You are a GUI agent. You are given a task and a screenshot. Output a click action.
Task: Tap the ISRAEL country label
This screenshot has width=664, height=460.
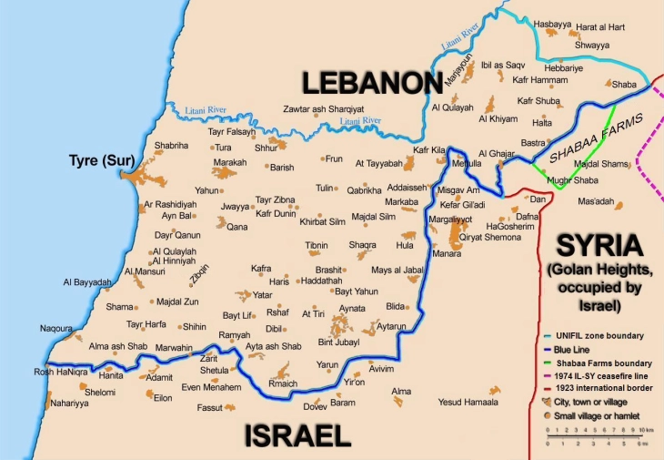click(297, 435)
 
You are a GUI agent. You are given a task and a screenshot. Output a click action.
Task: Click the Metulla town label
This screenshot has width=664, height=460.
click(467, 163)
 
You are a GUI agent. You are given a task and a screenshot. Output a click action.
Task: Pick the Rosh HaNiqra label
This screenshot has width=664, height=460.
click(33, 371)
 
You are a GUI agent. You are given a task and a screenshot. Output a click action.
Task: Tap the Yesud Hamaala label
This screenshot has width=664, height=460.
click(469, 402)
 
